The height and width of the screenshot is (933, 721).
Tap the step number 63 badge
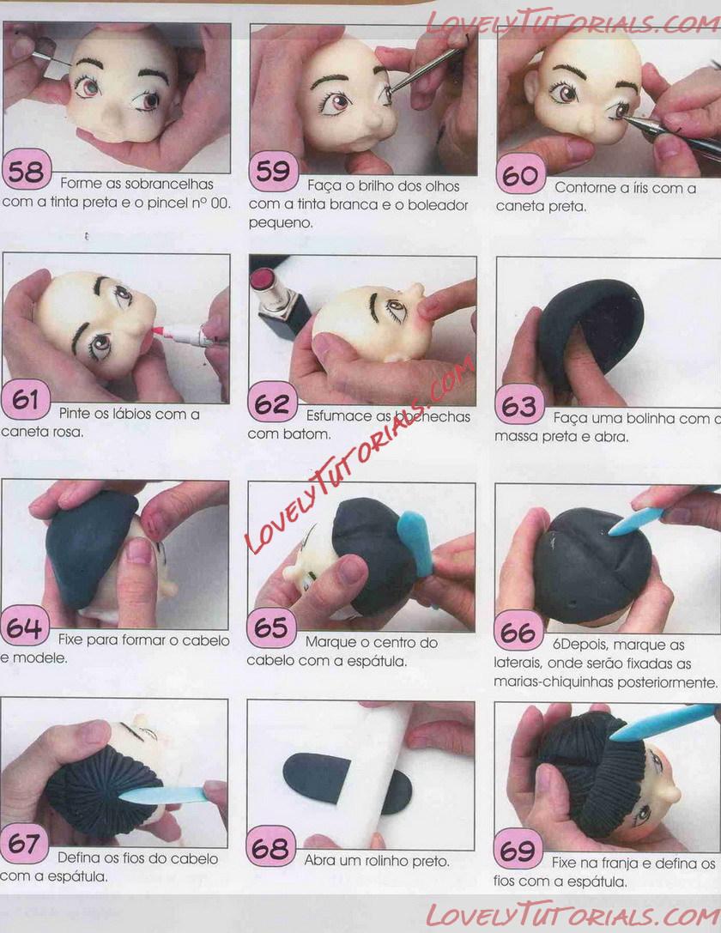click(519, 405)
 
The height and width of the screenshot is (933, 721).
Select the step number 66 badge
click(518, 632)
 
